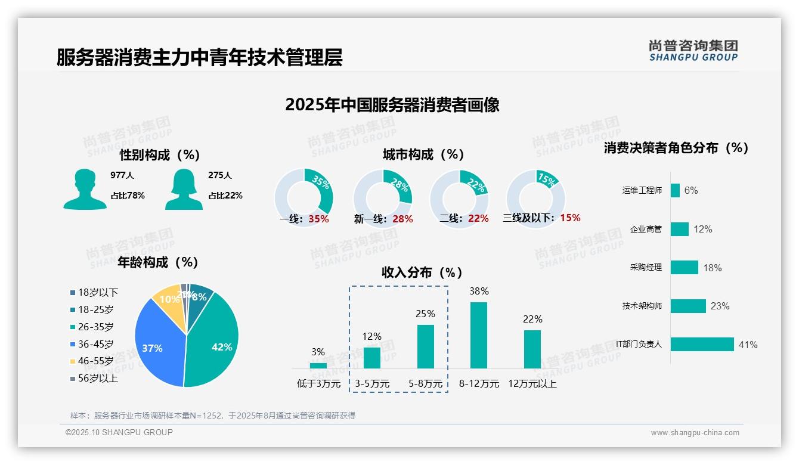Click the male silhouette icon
[x=85, y=189]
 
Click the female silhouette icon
[x=184, y=189]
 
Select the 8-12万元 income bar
[x=479, y=335]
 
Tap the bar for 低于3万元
[x=318, y=365]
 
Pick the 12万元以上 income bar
[x=532, y=349]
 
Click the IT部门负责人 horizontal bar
[x=702, y=345]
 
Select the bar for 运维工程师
[x=675, y=190]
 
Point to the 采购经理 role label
[x=646, y=267]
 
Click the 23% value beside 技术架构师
[x=720, y=306]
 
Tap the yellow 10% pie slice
[x=167, y=301]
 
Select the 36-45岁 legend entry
[x=92, y=344]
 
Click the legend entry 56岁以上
[x=94, y=378]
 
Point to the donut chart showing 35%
[x=304, y=197]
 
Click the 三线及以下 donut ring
[x=535, y=197]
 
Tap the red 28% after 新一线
[x=402, y=219]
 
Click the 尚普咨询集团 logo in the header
[x=693, y=51]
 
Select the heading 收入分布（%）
[x=422, y=272]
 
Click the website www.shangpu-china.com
[x=695, y=433]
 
